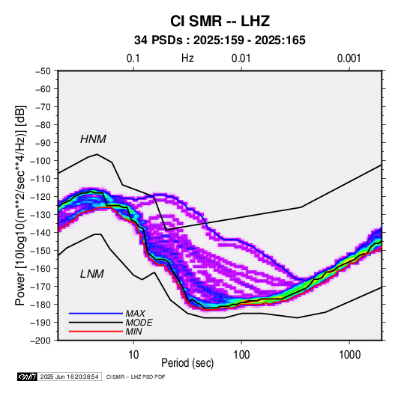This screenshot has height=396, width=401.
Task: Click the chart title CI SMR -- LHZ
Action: point(220,21)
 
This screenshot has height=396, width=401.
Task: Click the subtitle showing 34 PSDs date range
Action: point(220,40)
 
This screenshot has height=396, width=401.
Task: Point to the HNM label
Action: point(93,139)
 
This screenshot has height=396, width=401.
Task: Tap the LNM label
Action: point(92,274)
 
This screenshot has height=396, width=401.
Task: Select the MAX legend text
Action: point(135,314)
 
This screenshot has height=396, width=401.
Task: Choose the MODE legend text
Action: point(139,323)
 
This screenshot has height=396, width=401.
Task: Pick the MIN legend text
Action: point(133,332)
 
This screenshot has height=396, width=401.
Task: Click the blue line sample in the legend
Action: point(96,314)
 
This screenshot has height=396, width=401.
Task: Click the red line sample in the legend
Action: point(96,332)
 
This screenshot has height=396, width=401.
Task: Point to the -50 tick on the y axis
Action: point(43,71)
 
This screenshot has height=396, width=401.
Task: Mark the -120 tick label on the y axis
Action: point(40,197)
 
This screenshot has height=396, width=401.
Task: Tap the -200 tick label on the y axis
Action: point(40,341)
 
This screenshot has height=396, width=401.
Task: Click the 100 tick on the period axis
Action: point(241,354)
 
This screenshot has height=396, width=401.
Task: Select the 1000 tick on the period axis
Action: point(349,354)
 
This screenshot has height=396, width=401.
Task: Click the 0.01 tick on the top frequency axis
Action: point(241,58)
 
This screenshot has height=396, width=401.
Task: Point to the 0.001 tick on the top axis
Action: point(349,58)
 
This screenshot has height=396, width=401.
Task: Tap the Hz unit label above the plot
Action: point(187,58)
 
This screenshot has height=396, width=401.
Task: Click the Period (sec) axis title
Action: point(187,363)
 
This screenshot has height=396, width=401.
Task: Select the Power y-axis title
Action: point(20,206)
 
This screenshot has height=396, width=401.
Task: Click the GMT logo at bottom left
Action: point(27,377)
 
